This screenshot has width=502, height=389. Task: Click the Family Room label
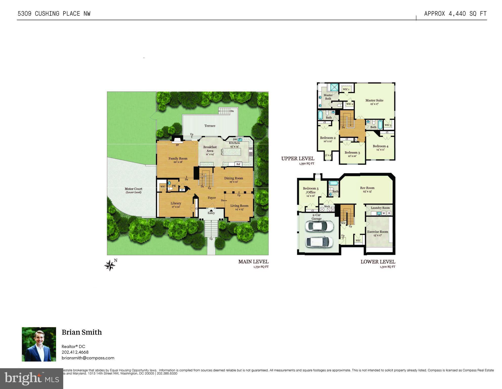[x=178, y=159]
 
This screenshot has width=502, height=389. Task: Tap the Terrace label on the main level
[x=210, y=126]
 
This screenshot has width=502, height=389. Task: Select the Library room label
[x=176, y=203]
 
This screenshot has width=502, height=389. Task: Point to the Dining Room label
[x=233, y=178]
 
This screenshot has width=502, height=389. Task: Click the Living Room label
[x=239, y=206]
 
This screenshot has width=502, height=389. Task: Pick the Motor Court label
[x=134, y=189]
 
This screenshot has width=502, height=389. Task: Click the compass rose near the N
[x=110, y=266]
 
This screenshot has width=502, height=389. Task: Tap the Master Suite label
[x=374, y=101]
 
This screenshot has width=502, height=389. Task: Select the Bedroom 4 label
[x=380, y=146]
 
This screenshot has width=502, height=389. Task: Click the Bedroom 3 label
[x=352, y=153]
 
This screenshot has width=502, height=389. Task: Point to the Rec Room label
[x=367, y=188]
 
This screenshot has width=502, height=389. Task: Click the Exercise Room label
[x=378, y=232]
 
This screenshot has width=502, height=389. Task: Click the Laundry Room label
[x=380, y=208]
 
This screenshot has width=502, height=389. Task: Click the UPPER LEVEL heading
[x=298, y=159]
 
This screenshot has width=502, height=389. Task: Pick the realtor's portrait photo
[x=39, y=344]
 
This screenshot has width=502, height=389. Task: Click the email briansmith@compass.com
[x=88, y=358]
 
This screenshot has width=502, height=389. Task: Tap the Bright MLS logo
[x=32, y=378]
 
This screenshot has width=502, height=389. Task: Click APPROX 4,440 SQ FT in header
[x=455, y=14]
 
